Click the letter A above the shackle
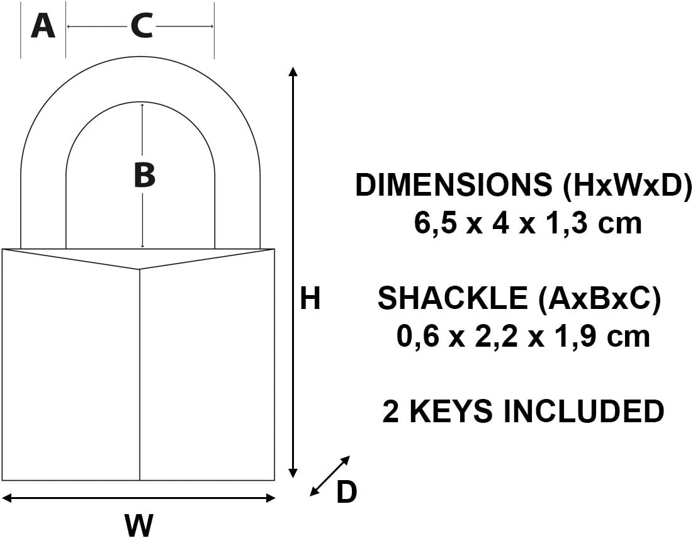[43, 26]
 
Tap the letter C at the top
[142, 26]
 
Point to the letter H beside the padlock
[310, 299]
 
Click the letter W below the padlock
[140, 525]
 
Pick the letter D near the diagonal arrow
[346, 493]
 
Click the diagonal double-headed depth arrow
[330, 476]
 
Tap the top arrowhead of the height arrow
[293, 70]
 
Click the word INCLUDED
[583, 412]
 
